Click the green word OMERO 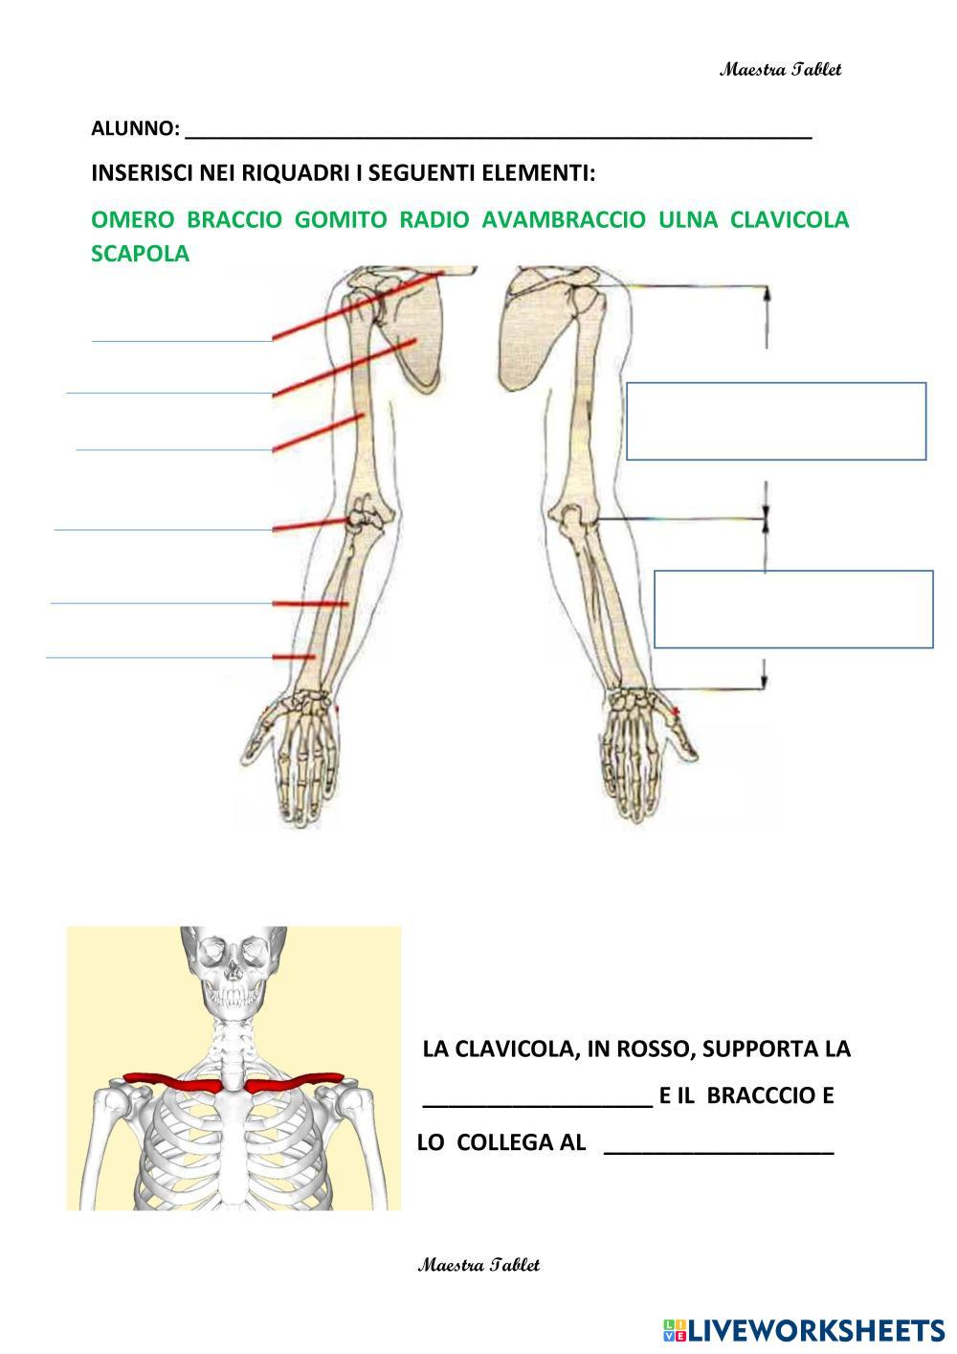(132, 220)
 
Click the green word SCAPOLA (140, 255)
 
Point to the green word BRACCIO (234, 220)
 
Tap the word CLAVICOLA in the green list (789, 220)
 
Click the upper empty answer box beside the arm (776, 421)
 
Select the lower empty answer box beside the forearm (793, 609)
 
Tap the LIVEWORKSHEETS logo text (814, 1329)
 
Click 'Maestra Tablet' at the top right (781, 70)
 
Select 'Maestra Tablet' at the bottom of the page (478, 1265)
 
